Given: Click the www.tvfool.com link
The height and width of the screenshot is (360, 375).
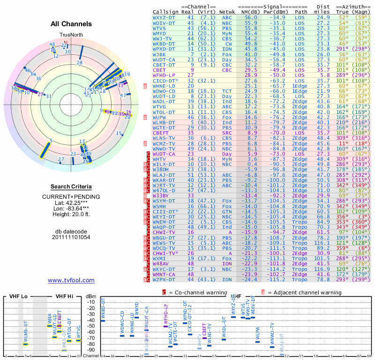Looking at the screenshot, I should tap(71, 280).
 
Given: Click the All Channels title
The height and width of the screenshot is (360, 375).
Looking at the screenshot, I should tap(71, 24).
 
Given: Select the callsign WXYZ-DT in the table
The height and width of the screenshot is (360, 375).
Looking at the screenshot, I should tap(164, 17).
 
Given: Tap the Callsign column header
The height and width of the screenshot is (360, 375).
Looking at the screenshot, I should tap(165, 12).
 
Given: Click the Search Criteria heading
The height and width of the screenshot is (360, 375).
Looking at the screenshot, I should tap(71, 187).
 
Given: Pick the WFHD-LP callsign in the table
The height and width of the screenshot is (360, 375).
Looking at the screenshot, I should tap(164, 75).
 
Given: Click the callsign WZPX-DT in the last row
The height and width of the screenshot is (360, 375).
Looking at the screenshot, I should tap(164, 280).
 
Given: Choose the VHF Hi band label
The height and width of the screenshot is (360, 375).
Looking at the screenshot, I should tap(64, 296).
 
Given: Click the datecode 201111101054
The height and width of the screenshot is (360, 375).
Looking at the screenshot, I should tap(71, 237).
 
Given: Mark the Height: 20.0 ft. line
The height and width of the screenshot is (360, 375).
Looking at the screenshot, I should tap(71, 215).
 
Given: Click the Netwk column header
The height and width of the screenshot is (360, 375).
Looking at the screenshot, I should tap(227, 12).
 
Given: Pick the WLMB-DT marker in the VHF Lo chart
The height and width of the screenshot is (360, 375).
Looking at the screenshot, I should tap(26, 344).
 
